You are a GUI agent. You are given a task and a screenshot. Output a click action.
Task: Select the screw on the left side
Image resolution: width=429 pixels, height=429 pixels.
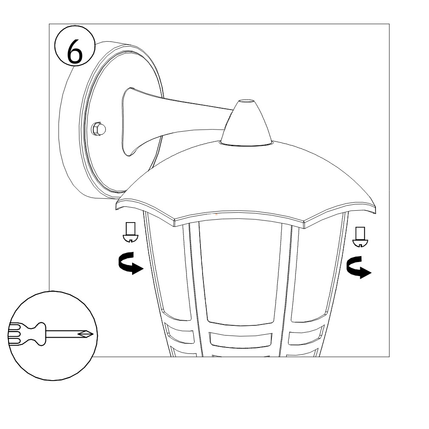tap(130, 232)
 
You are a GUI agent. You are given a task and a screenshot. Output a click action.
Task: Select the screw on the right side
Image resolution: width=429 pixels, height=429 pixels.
tap(360, 237)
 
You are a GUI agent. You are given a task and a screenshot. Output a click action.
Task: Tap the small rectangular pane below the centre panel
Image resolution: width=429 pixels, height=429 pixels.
tap(241, 340)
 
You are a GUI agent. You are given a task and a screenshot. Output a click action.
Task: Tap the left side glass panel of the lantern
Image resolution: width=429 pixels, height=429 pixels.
tap(167, 268)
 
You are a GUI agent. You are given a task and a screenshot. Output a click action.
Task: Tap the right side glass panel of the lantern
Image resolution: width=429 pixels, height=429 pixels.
tap(315, 271)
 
